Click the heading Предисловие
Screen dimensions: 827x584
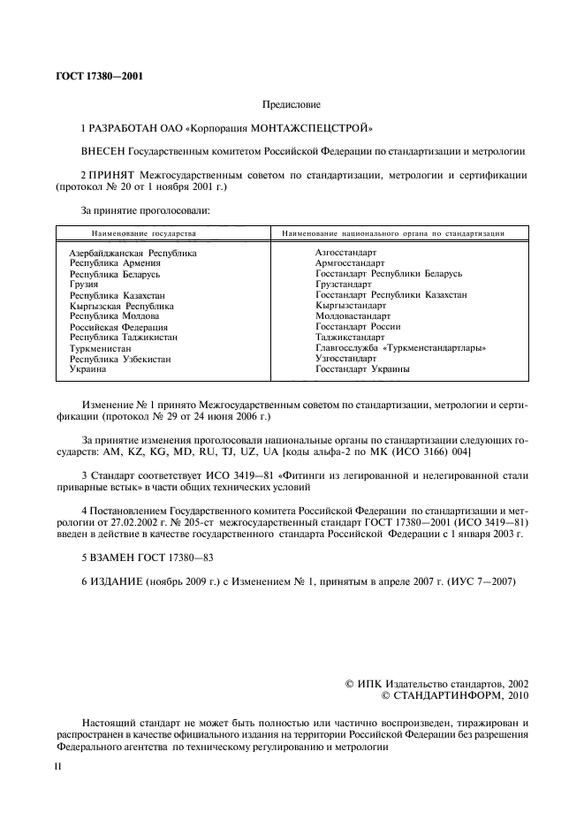292,104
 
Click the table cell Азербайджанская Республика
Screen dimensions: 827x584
133,253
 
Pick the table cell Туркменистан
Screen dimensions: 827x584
101,348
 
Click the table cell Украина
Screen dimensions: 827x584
87,369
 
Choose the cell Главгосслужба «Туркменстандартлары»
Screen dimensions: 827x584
400,348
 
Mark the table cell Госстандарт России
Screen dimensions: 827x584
357,327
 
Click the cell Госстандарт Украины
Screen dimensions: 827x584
361,369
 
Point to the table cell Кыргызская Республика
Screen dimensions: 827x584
122,306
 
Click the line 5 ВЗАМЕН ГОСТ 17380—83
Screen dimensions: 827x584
148,558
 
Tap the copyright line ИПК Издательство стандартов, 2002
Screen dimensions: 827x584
436,683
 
